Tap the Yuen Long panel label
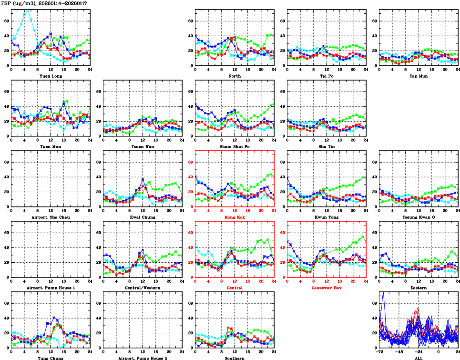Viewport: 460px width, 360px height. point(51,76)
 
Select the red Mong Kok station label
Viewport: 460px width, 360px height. point(235,217)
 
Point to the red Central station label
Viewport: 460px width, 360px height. point(235,288)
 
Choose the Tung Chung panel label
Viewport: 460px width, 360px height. point(51,358)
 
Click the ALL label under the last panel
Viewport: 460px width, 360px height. point(418,358)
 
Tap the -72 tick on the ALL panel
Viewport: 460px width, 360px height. point(379,352)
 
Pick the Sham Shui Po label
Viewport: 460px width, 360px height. point(235,146)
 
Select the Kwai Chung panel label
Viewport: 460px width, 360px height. point(143,217)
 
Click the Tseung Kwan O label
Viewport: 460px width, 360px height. point(418,217)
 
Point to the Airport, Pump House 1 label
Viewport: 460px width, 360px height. point(51,288)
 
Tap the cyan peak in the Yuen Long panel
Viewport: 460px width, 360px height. point(27,10)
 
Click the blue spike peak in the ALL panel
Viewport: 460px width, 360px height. point(383,293)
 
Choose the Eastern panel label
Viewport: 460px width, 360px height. point(418,288)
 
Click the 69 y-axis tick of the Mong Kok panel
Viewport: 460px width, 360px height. point(189,162)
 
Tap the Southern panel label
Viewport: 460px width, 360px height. point(235,358)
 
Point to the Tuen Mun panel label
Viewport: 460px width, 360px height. point(51,146)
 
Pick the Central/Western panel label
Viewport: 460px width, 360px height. point(143,288)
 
